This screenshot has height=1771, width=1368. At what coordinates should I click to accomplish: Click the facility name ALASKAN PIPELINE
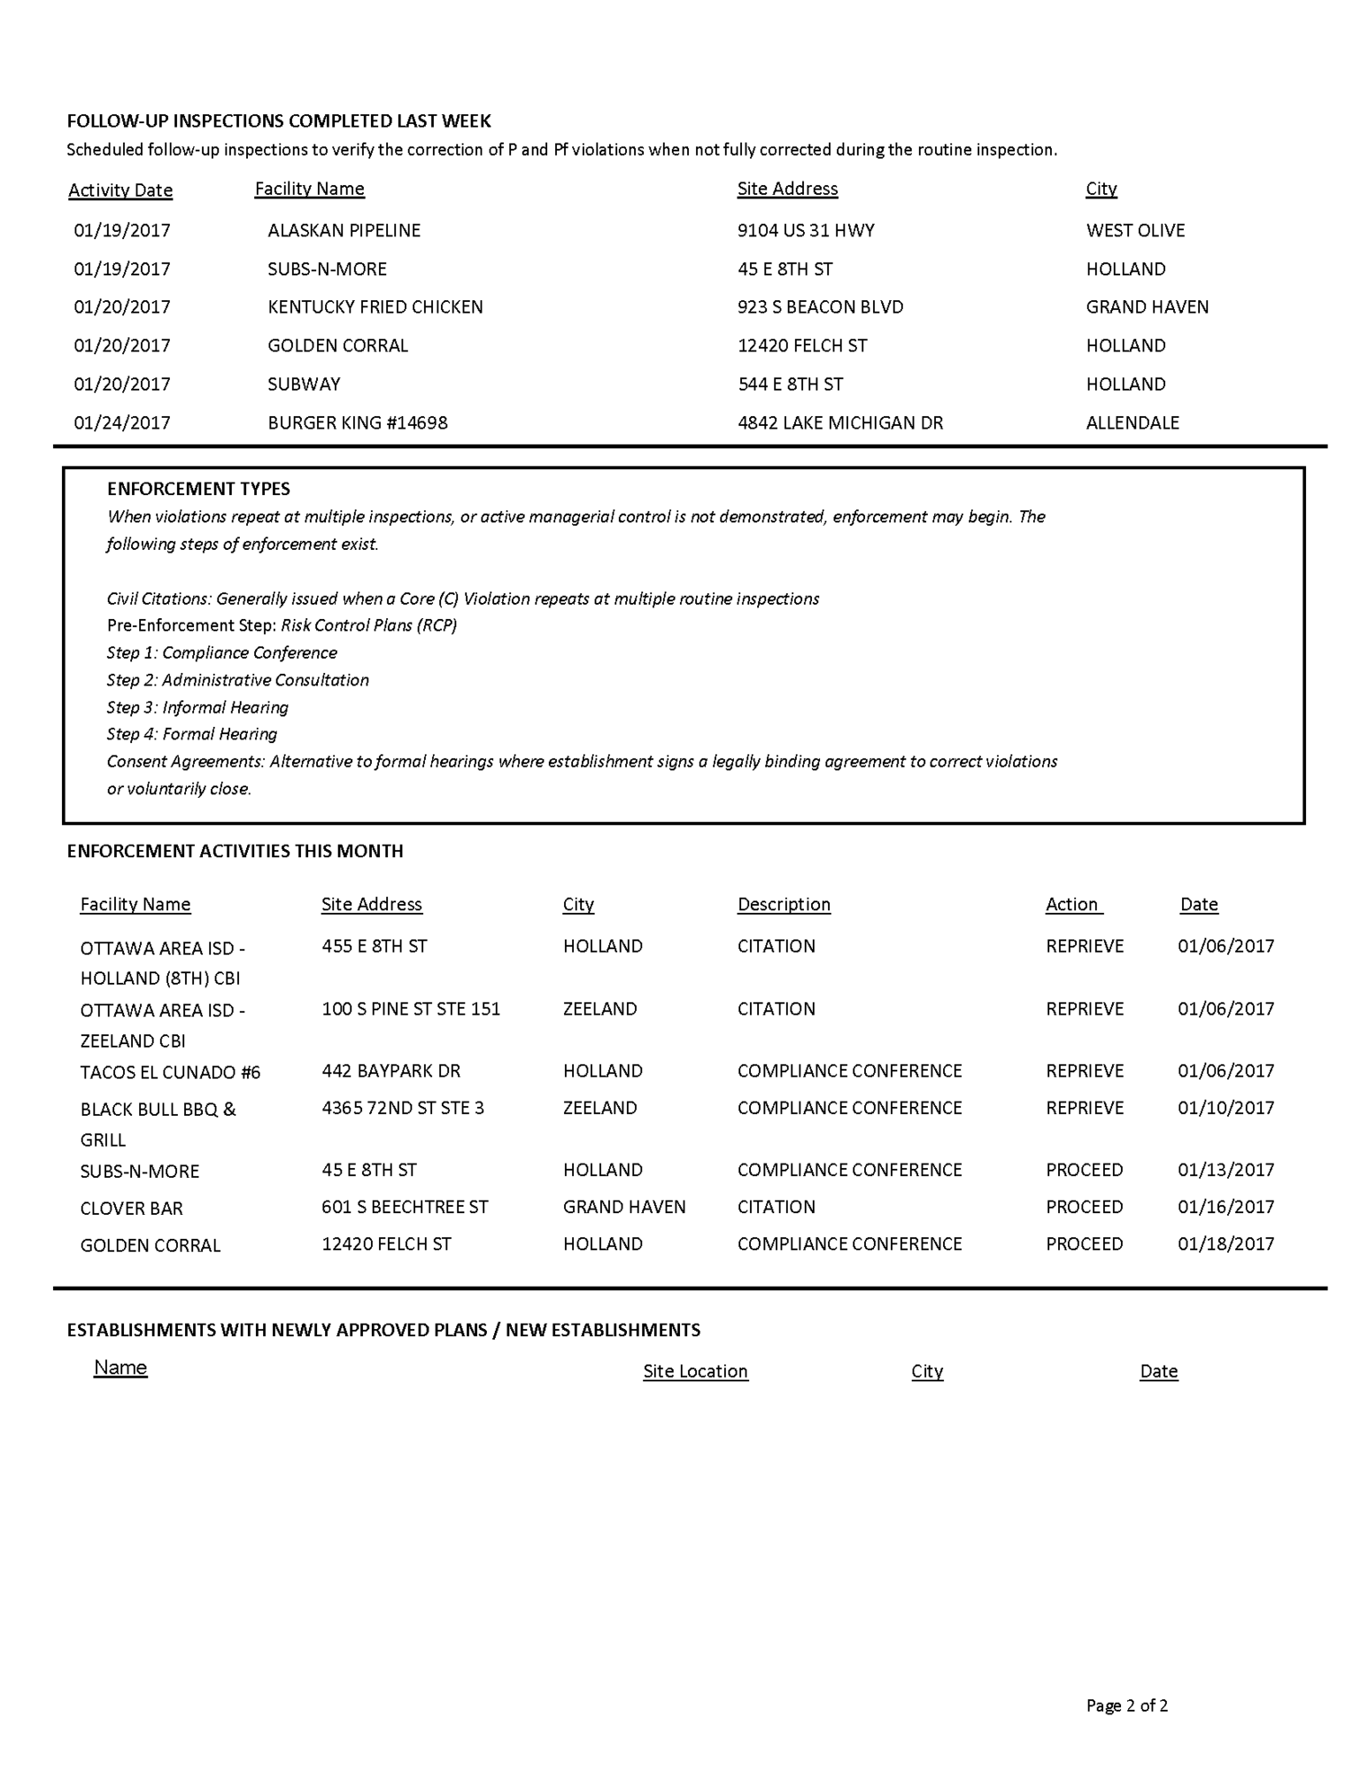pyautogui.click(x=344, y=230)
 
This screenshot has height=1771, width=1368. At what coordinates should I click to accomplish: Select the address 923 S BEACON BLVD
pyautogui.click(x=820, y=307)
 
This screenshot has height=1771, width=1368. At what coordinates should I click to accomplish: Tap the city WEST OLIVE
pyautogui.click(x=1135, y=230)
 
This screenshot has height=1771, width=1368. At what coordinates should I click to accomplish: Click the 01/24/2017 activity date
pyautogui.click(x=122, y=423)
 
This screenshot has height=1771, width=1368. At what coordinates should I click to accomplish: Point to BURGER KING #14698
pyautogui.click(x=358, y=423)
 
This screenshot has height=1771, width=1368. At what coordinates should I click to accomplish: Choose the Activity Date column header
pyautogui.click(x=120, y=190)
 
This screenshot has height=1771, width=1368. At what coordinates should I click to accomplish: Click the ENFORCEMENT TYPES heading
pyautogui.click(x=198, y=489)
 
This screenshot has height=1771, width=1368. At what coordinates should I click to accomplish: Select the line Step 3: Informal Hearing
pyautogui.click(x=197, y=708)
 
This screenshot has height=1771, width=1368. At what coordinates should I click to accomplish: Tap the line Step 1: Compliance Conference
pyautogui.click(x=221, y=653)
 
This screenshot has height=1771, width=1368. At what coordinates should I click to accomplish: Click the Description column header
pyautogui.click(x=784, y=904)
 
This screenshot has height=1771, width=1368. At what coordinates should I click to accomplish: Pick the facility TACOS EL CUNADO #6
pyautogui.click(x=170, y=1072)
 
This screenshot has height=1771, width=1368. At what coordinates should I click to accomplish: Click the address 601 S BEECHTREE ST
pyautogui.click(x=405, y=1207)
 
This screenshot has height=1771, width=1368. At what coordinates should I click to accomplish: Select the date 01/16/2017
pyautogui.click(x=1225, y=1207)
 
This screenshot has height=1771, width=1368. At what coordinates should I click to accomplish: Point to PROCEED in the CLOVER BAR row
pyautogui.click(x=1084, y=1207)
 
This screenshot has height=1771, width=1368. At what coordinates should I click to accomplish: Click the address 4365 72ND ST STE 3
pyautogui.click(x=403, y=1108)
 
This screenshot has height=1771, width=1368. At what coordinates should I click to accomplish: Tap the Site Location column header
pyautogui.click(x=695, y=1371)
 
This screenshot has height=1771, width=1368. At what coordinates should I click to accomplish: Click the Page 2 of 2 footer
pyautogui.click(x=1126, y=1705)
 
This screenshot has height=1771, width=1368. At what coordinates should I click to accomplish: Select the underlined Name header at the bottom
pyautogui.click(x=120, y=1367)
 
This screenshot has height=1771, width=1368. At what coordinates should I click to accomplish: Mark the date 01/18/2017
pyautogui.click(x=1225, y=1244)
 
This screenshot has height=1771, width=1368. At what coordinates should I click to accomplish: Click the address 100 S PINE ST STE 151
pyautogui.click(x=411, y=1009)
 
